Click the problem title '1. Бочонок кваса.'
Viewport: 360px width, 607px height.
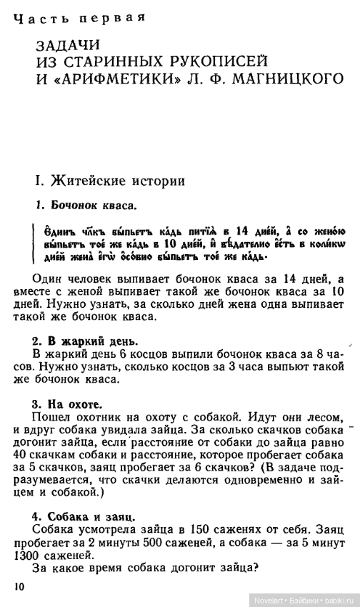coord(86,206)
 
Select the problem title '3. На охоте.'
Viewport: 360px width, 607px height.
coord(71,403)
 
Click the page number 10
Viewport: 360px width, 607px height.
coord(19,586)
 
